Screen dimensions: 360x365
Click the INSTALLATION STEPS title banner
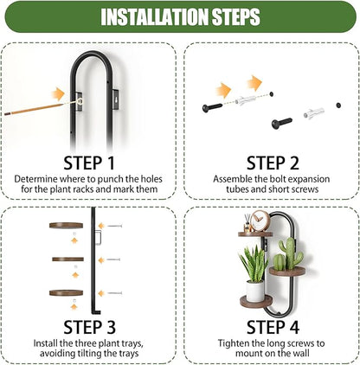[181, 16]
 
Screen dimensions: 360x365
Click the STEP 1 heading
[89, 163]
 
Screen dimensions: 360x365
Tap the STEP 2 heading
[273, 163]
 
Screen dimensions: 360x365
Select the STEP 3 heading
[89, 327]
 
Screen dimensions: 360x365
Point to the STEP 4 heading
[273, 327]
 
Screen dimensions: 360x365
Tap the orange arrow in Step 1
[58, 94]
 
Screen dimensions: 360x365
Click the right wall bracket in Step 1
[115, 99]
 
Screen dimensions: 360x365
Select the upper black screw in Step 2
[212, 107]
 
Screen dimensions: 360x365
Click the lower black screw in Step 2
[281, 123]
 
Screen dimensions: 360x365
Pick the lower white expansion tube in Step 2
[313, 112]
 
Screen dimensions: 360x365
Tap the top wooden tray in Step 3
[66, 225]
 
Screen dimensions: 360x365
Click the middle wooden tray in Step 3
[67, 259]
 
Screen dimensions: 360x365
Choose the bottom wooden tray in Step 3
[66, 293]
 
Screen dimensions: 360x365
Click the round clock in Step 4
[260, 221]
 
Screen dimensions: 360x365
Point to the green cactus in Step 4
[288, 253]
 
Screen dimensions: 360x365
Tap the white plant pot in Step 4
[255, 291]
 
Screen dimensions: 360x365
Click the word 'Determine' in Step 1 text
[35, 179]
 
